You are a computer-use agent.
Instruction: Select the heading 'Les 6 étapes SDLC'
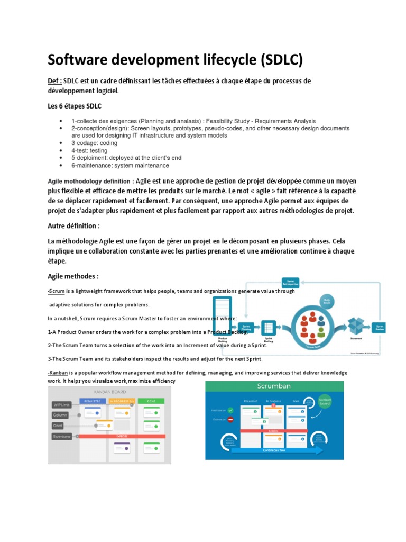[x=75, y=106]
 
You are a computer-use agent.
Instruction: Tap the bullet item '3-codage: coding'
[x=95, y=143]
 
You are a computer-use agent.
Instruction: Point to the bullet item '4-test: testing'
[x=89, y=151]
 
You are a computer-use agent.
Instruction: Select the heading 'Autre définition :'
[x=74, y=226]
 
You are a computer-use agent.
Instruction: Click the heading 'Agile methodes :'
[x=73, y=276]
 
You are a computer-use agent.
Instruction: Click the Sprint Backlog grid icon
[x=268, y=328]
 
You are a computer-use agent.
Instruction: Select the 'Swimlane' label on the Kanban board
[x=61, y=436]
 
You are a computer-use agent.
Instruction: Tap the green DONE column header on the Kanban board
[x=152, y=401]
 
